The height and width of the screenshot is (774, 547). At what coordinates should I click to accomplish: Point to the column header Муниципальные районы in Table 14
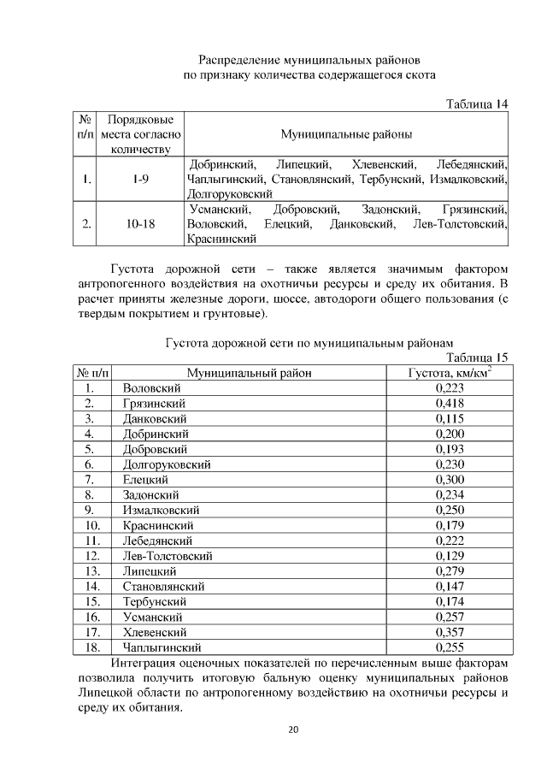coord(346,134)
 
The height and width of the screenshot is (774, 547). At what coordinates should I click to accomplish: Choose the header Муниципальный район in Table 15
coord(250,373)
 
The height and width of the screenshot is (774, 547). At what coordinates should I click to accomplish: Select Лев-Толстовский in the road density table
coord(168,556)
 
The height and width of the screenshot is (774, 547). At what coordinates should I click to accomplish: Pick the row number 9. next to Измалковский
coord(89,511)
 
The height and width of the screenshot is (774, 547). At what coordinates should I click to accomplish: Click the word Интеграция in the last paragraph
coord(149,663)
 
